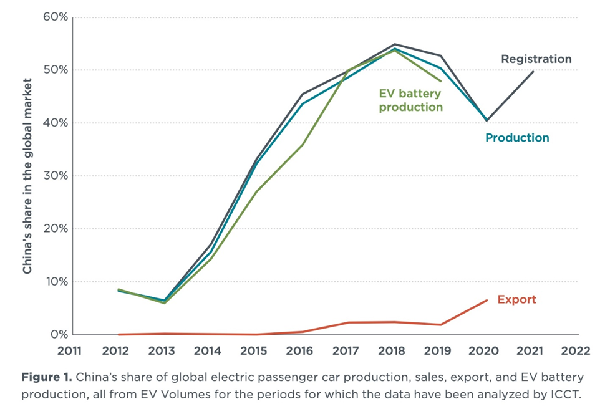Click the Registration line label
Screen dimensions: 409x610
pyautogui.click(x=536, y=59)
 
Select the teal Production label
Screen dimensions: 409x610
pyautogui.click(x=517, y=138)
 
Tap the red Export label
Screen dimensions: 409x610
pyautogui.click(x=516, y=299)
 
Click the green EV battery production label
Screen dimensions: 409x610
pyautogui.click(x=410, y=100)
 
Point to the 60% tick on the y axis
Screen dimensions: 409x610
pyautogui.click(x=56, y=17)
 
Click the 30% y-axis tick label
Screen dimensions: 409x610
pyautogui.click(x=56, y=176)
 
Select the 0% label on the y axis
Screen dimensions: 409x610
pyautogui.click(x=59, y=335)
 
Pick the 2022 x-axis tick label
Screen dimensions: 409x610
pyautogui.click(x=576, y=350)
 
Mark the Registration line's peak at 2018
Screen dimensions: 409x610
pyautogui.click(x=395, y=44)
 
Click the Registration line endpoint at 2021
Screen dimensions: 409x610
pyautogui.click(x=533, y=71)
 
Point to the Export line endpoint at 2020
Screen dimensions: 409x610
pyautogui.click(x=487, y=301)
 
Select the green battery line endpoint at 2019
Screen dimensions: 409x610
pyautogui.click(x=441, y=81)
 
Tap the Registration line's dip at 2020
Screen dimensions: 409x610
pyautogui.click(x=487, y=120)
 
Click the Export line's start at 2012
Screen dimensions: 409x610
pyautogui.click(x=119, y=334)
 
